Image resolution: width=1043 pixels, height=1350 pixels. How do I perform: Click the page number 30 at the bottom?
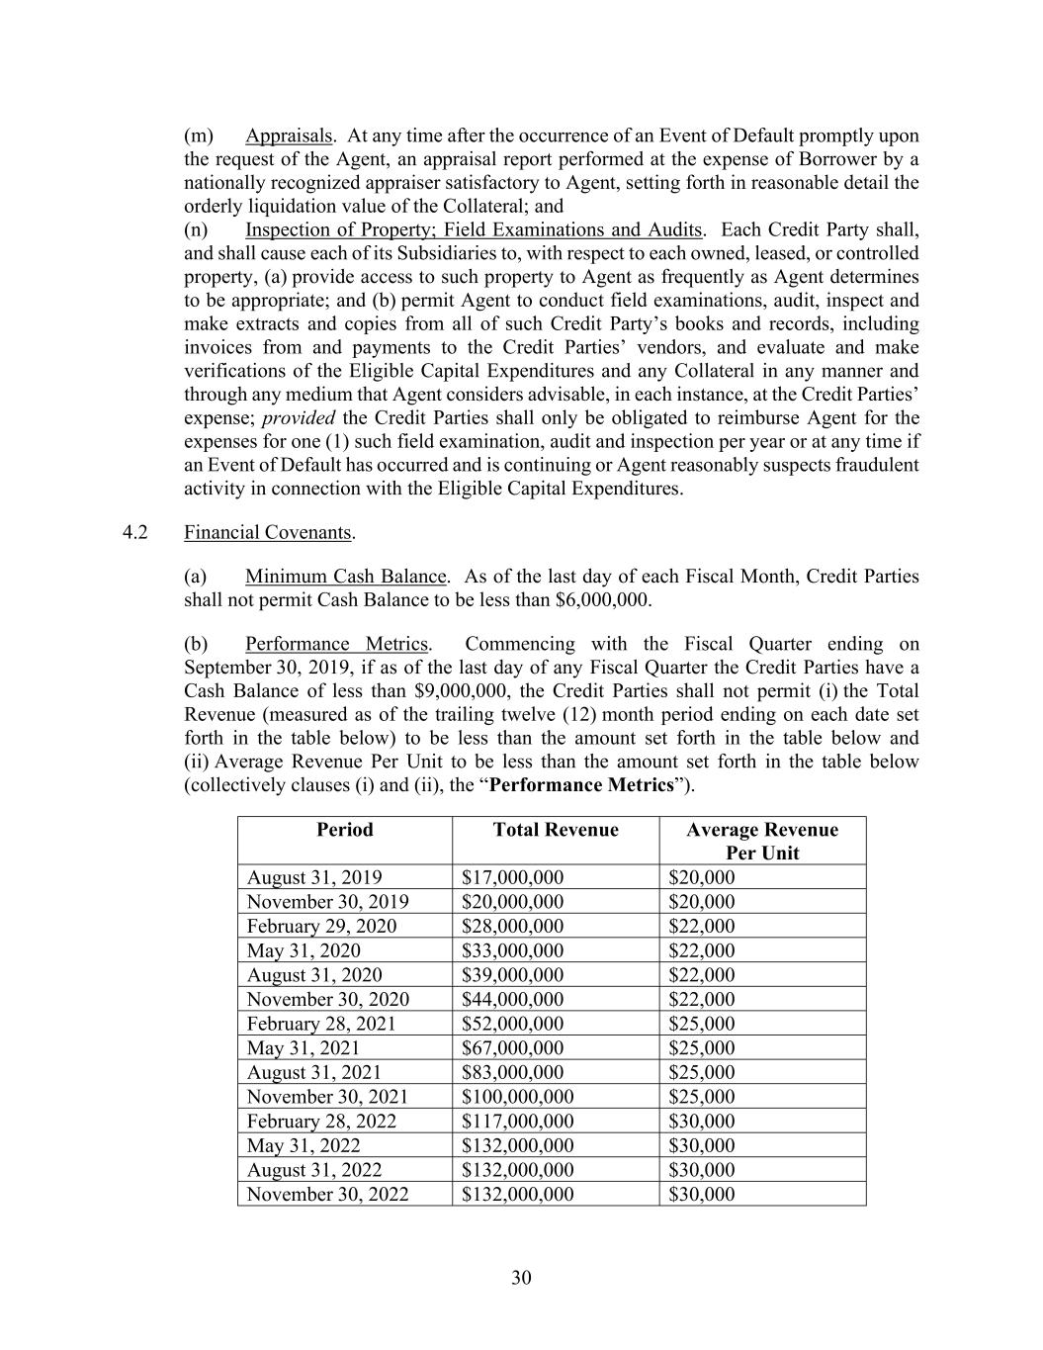(x=521, y=1278)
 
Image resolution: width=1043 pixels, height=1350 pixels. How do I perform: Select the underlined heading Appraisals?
(x=289, y=135)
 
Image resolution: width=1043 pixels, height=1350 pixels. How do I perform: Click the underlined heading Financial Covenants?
(x=268, y=532)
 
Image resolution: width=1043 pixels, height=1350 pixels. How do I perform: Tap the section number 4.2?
(x=135, y=532)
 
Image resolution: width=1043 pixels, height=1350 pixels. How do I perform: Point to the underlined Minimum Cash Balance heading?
(x=346, y=577)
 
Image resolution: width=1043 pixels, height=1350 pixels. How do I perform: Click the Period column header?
(x=345, y=830)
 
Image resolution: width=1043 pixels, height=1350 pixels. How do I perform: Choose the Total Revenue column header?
(x=556, y=830)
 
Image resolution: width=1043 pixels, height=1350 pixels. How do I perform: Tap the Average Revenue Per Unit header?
(x=762, y=841)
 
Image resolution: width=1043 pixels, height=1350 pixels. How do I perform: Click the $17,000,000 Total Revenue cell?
(x=513, y=877)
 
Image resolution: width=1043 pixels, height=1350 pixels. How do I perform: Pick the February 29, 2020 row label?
(x=321, y=926)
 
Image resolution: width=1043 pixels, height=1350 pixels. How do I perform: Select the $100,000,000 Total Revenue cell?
(x=518, y=1097)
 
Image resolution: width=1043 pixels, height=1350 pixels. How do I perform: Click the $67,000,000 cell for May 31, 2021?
(x=513, y=1047)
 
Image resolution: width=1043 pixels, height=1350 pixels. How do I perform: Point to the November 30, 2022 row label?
(x=327, y=1194)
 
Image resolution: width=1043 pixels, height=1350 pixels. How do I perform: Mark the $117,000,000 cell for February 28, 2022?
(x=518, y=1122)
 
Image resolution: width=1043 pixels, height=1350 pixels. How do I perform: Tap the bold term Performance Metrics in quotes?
(x=581, y=785)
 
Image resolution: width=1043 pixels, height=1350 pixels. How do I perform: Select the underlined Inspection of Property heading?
(x=474, y=230)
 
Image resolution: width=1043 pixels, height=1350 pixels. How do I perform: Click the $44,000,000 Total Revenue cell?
(x=513, y=999)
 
